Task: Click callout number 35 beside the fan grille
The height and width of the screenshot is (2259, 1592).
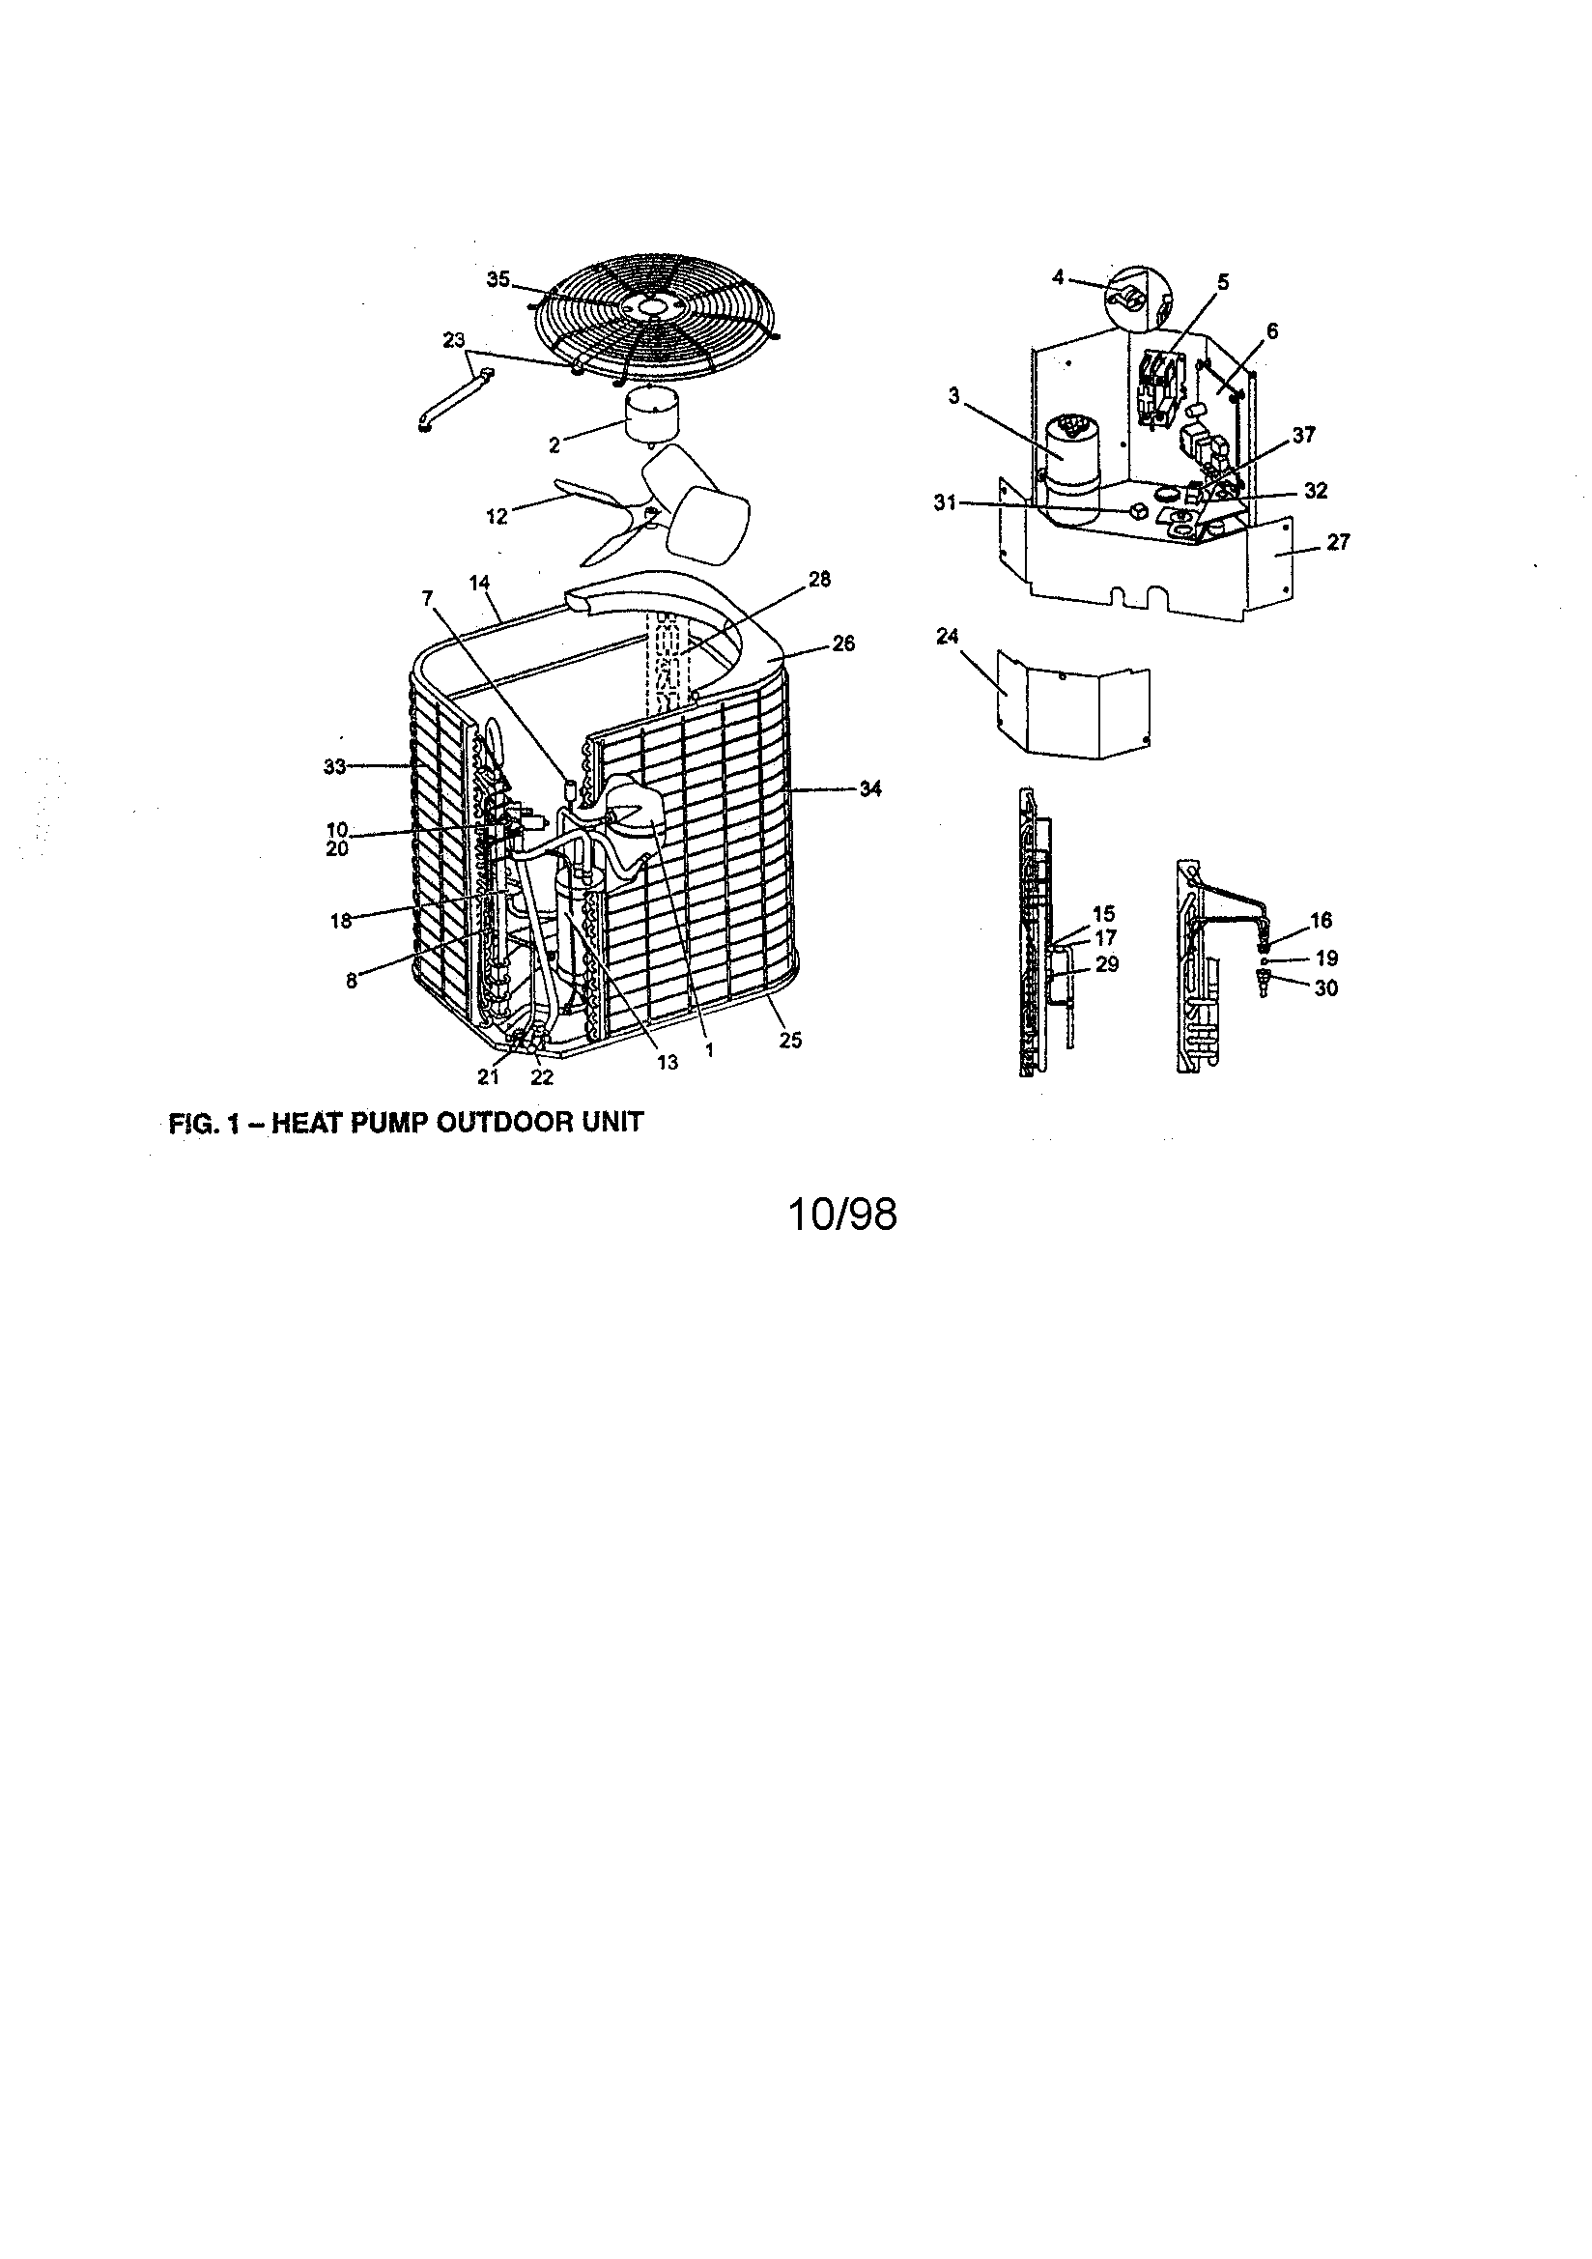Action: (x=497, y=279)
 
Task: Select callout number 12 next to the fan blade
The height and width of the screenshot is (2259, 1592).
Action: (x=497, y=516)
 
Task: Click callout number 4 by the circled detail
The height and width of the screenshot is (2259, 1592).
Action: (x=1058, y=278)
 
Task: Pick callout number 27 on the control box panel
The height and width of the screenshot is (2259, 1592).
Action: (x=1338, y=541)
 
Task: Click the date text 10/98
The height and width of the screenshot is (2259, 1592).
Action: (x=842, y=1215)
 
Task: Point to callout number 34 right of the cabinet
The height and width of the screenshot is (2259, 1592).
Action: (x=869, y=788)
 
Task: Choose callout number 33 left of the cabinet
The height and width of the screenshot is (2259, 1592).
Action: (x=335, y=767)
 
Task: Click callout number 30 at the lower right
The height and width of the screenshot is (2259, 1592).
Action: (x=1325, y=987)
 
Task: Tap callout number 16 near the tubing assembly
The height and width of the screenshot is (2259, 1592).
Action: (x=1321, y=920)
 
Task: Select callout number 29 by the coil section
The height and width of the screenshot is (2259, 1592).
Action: (x=1107, y=964)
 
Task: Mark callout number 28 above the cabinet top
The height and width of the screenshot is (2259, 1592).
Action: (x=818, y=580)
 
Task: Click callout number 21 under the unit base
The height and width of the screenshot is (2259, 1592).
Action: (x=489, y=1077)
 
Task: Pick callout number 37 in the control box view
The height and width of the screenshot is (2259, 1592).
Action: (x=1304, y=435)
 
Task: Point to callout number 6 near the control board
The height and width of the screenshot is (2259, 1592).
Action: (x=1272, y=331)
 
